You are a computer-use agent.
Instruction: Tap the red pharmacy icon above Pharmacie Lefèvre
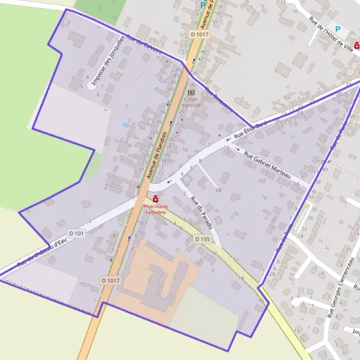pos(155,199)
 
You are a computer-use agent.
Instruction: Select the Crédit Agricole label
pos(191,102)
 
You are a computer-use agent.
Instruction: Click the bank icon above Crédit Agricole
pos(191,92)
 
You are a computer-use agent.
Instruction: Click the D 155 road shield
pos(203,239)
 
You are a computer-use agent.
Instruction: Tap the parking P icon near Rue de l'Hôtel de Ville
pos(337,29)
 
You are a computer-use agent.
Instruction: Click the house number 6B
pos(218,190)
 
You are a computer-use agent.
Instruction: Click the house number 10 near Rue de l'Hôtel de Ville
pos(295,11)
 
